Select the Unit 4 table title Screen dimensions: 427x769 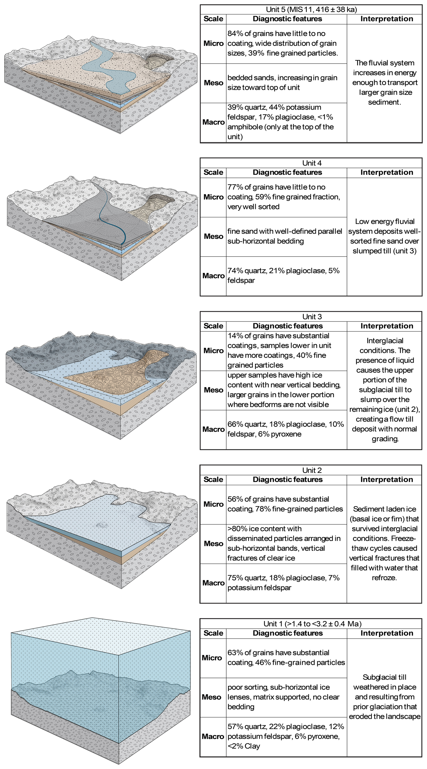click(312, 163)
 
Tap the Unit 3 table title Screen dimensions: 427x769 click(312, 316)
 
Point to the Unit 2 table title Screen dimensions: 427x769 click(312, 470)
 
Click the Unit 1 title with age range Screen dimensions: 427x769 click(312, 624)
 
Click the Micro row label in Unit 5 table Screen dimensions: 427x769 click(213, 44)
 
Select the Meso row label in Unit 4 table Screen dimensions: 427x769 click(213, 236)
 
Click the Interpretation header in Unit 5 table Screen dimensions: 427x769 click(387, 19)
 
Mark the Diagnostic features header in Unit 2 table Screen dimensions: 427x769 click(288, 479)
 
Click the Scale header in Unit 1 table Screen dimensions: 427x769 click(213, 633)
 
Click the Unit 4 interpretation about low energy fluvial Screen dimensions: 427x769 click(385, 236)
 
